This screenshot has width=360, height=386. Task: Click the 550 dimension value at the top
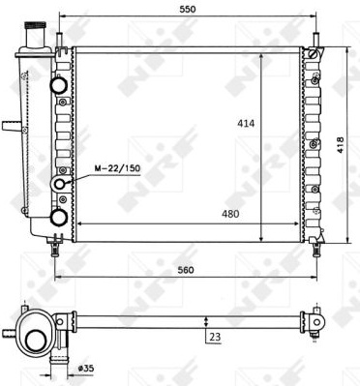click(x=188, y=9)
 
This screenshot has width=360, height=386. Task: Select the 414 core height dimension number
click(x=246, y=123)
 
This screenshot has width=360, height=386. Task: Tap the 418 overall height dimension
click(x=341, y=145)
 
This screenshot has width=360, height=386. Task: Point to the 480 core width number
click(x=230, y=214)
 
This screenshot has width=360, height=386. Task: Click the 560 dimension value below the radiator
click(x=186, y=270)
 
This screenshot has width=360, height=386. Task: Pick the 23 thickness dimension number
click(x=215, y=337)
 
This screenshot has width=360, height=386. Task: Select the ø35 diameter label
click(x=86, y=368)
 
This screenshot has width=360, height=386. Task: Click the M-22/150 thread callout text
click(x=117, y=168)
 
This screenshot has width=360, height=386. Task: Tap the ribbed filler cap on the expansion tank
click(x=36, y=25)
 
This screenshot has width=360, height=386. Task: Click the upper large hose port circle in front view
click(x=58, y=84)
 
